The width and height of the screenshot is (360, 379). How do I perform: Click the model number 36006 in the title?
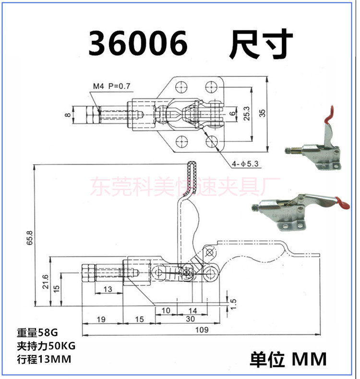click(x=137, y=44)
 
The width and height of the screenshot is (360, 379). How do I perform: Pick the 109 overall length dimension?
click(x=202, y=330)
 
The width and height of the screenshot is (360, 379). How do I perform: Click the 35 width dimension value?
click(x=274, y=113)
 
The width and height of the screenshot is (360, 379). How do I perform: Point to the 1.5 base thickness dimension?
click(x=234, y=303)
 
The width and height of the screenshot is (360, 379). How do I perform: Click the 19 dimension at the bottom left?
click(x=101, y=319)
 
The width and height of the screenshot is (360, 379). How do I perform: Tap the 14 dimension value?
click(x=193, y=311)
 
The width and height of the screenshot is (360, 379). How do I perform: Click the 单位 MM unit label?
click(x=288, y=359)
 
